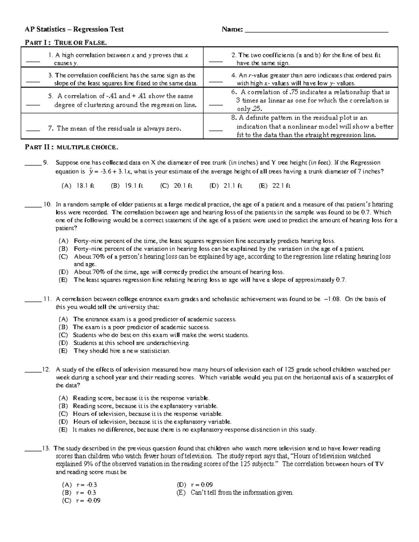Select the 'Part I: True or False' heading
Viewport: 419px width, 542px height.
[x=65, y=43]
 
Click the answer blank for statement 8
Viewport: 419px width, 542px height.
[x=215, y=130]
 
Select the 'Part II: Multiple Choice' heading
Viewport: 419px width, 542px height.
[x=71, y=147]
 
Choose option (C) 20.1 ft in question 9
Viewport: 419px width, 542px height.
[x=176, y=186]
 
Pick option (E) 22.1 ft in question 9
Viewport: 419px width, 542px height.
[x=274, y=186]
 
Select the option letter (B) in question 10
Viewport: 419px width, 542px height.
[x=63, y=249]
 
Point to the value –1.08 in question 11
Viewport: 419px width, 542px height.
[x=331, y=299]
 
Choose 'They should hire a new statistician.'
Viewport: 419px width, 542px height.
[x=122, y=351]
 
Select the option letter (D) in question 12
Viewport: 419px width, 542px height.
[x=63, y=422]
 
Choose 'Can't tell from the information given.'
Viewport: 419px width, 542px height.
[x=242, y=492]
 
